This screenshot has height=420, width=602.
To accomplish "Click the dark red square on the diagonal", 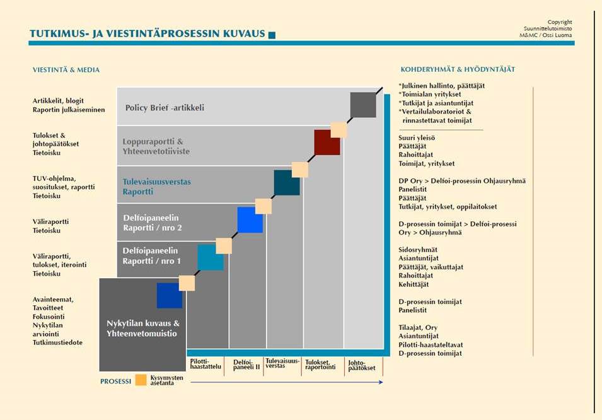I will coord(327,143).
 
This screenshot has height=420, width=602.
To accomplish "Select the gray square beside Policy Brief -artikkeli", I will coord(363,105).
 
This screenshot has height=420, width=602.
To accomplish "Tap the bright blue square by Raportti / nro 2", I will coord(250,219).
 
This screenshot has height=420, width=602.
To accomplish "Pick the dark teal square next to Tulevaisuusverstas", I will coord(287,183).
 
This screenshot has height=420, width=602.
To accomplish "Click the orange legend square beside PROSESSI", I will coord(141,380).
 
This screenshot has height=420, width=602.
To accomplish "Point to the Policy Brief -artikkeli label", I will coord(165,108).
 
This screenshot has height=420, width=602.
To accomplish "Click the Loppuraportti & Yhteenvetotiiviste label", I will coord(156,146).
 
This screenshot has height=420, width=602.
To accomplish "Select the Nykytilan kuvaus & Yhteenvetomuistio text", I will coord(142,328).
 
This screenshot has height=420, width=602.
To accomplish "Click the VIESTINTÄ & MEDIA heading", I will coord(66,70).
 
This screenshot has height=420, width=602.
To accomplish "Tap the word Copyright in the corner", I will coord(559,22).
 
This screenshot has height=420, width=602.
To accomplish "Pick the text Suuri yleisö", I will coord(417,137).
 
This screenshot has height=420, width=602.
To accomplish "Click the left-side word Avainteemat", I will coord(53,299).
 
